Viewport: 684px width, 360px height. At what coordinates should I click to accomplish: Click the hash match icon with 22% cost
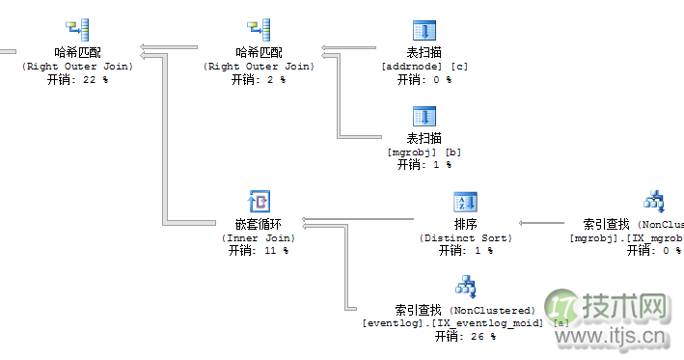click(77, 31)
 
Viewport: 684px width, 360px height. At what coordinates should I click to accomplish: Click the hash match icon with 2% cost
click(258, 31)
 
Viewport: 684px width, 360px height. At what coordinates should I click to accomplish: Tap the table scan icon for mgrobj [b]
click(425, 117)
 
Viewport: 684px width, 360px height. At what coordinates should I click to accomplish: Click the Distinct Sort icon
click(466, 202)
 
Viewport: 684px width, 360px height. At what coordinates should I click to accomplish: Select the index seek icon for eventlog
click(466, 287)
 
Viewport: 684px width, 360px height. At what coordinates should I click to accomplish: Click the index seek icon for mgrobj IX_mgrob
click(656, 202)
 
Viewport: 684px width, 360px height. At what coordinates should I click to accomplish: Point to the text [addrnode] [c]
click(425, 66)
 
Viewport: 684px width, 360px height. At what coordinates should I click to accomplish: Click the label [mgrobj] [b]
click(425, 152)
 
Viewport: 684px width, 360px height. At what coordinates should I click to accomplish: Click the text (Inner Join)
click(259, 237)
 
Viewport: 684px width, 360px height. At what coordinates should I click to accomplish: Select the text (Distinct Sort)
click(466, 237)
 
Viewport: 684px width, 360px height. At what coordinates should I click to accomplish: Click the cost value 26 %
click(480, 337)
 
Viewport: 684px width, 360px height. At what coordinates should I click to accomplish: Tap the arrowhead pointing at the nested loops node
click(305, 221)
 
